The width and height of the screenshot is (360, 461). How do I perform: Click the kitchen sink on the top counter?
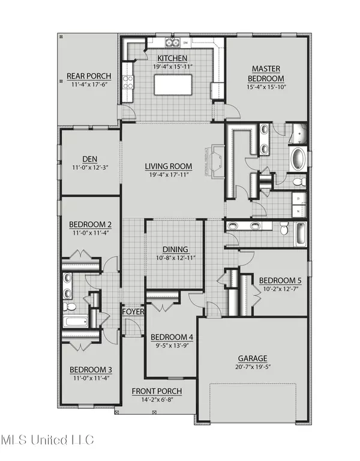[173, 43]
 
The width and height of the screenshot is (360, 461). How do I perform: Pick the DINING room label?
[175, 249]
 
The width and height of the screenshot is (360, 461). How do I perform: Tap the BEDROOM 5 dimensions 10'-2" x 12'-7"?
[279, 289]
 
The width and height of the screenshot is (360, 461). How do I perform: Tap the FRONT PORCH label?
[157, 391]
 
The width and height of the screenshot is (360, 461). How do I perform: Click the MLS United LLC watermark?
[47, 440]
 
